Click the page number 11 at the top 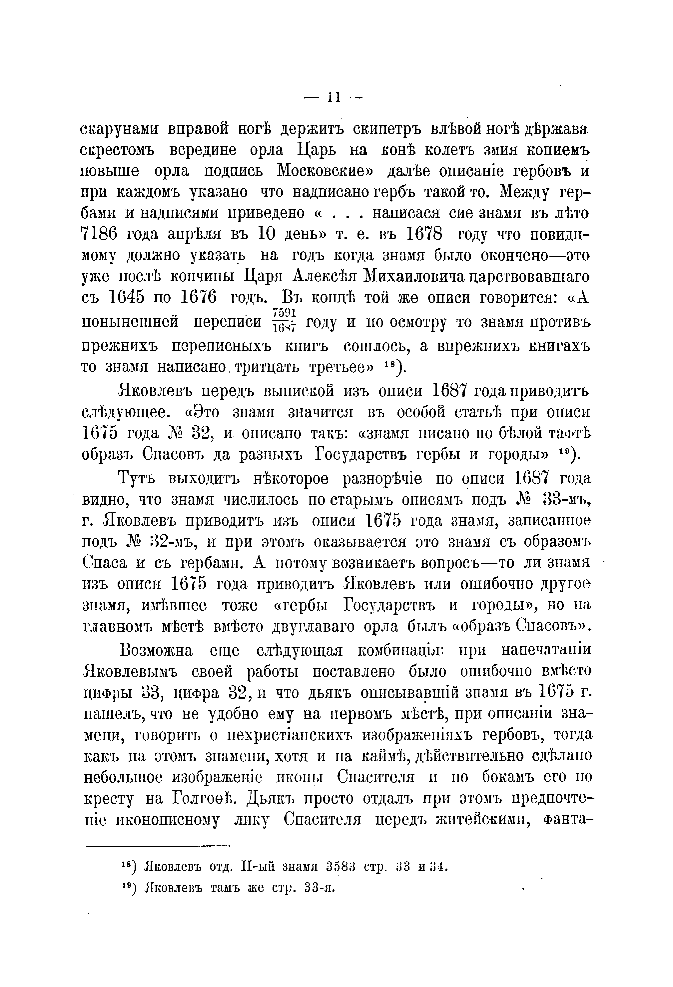click(333, 98)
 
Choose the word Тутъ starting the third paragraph click(136, 479)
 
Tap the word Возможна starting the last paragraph click(157, 651)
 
